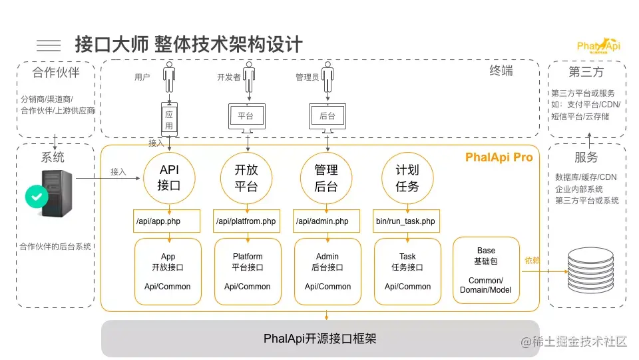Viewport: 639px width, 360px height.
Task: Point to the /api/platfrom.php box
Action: [x=246, y=221]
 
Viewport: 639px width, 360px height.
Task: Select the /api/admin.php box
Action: [x=322, y=221]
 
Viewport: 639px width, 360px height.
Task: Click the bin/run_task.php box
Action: [x=405, y=221]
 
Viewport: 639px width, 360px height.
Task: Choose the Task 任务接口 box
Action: [x=407, y=270]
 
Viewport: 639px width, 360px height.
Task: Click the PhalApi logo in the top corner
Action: [x=599, y=45]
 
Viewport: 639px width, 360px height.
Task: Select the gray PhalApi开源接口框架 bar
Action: [x=320, y=339]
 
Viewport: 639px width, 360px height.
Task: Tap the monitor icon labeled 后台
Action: [x=327, y=115]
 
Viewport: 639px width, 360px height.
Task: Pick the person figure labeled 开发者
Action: [x=248, y=78]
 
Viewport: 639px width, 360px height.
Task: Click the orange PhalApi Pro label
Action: [x=499, y=157]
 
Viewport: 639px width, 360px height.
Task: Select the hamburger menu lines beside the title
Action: [x=49, y=45]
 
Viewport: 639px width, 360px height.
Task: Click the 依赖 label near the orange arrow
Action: [x=532, y=261]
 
